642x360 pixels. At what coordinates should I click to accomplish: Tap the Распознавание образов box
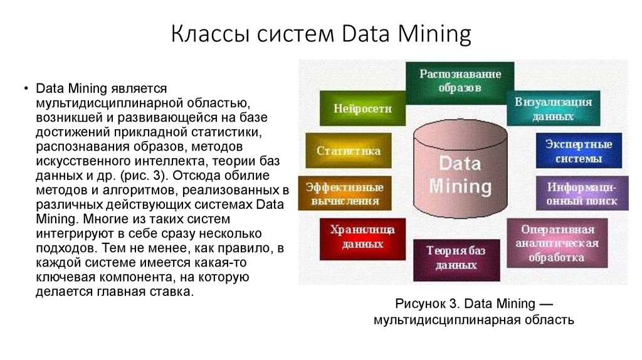(460, 82)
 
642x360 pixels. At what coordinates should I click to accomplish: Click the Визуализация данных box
(554, 109)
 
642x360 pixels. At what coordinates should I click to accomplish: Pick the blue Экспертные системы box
(578, 151)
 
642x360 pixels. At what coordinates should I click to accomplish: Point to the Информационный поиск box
(582, 193)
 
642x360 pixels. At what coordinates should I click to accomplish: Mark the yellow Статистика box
(348, 151)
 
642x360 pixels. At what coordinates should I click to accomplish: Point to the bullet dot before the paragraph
(26, 88)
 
